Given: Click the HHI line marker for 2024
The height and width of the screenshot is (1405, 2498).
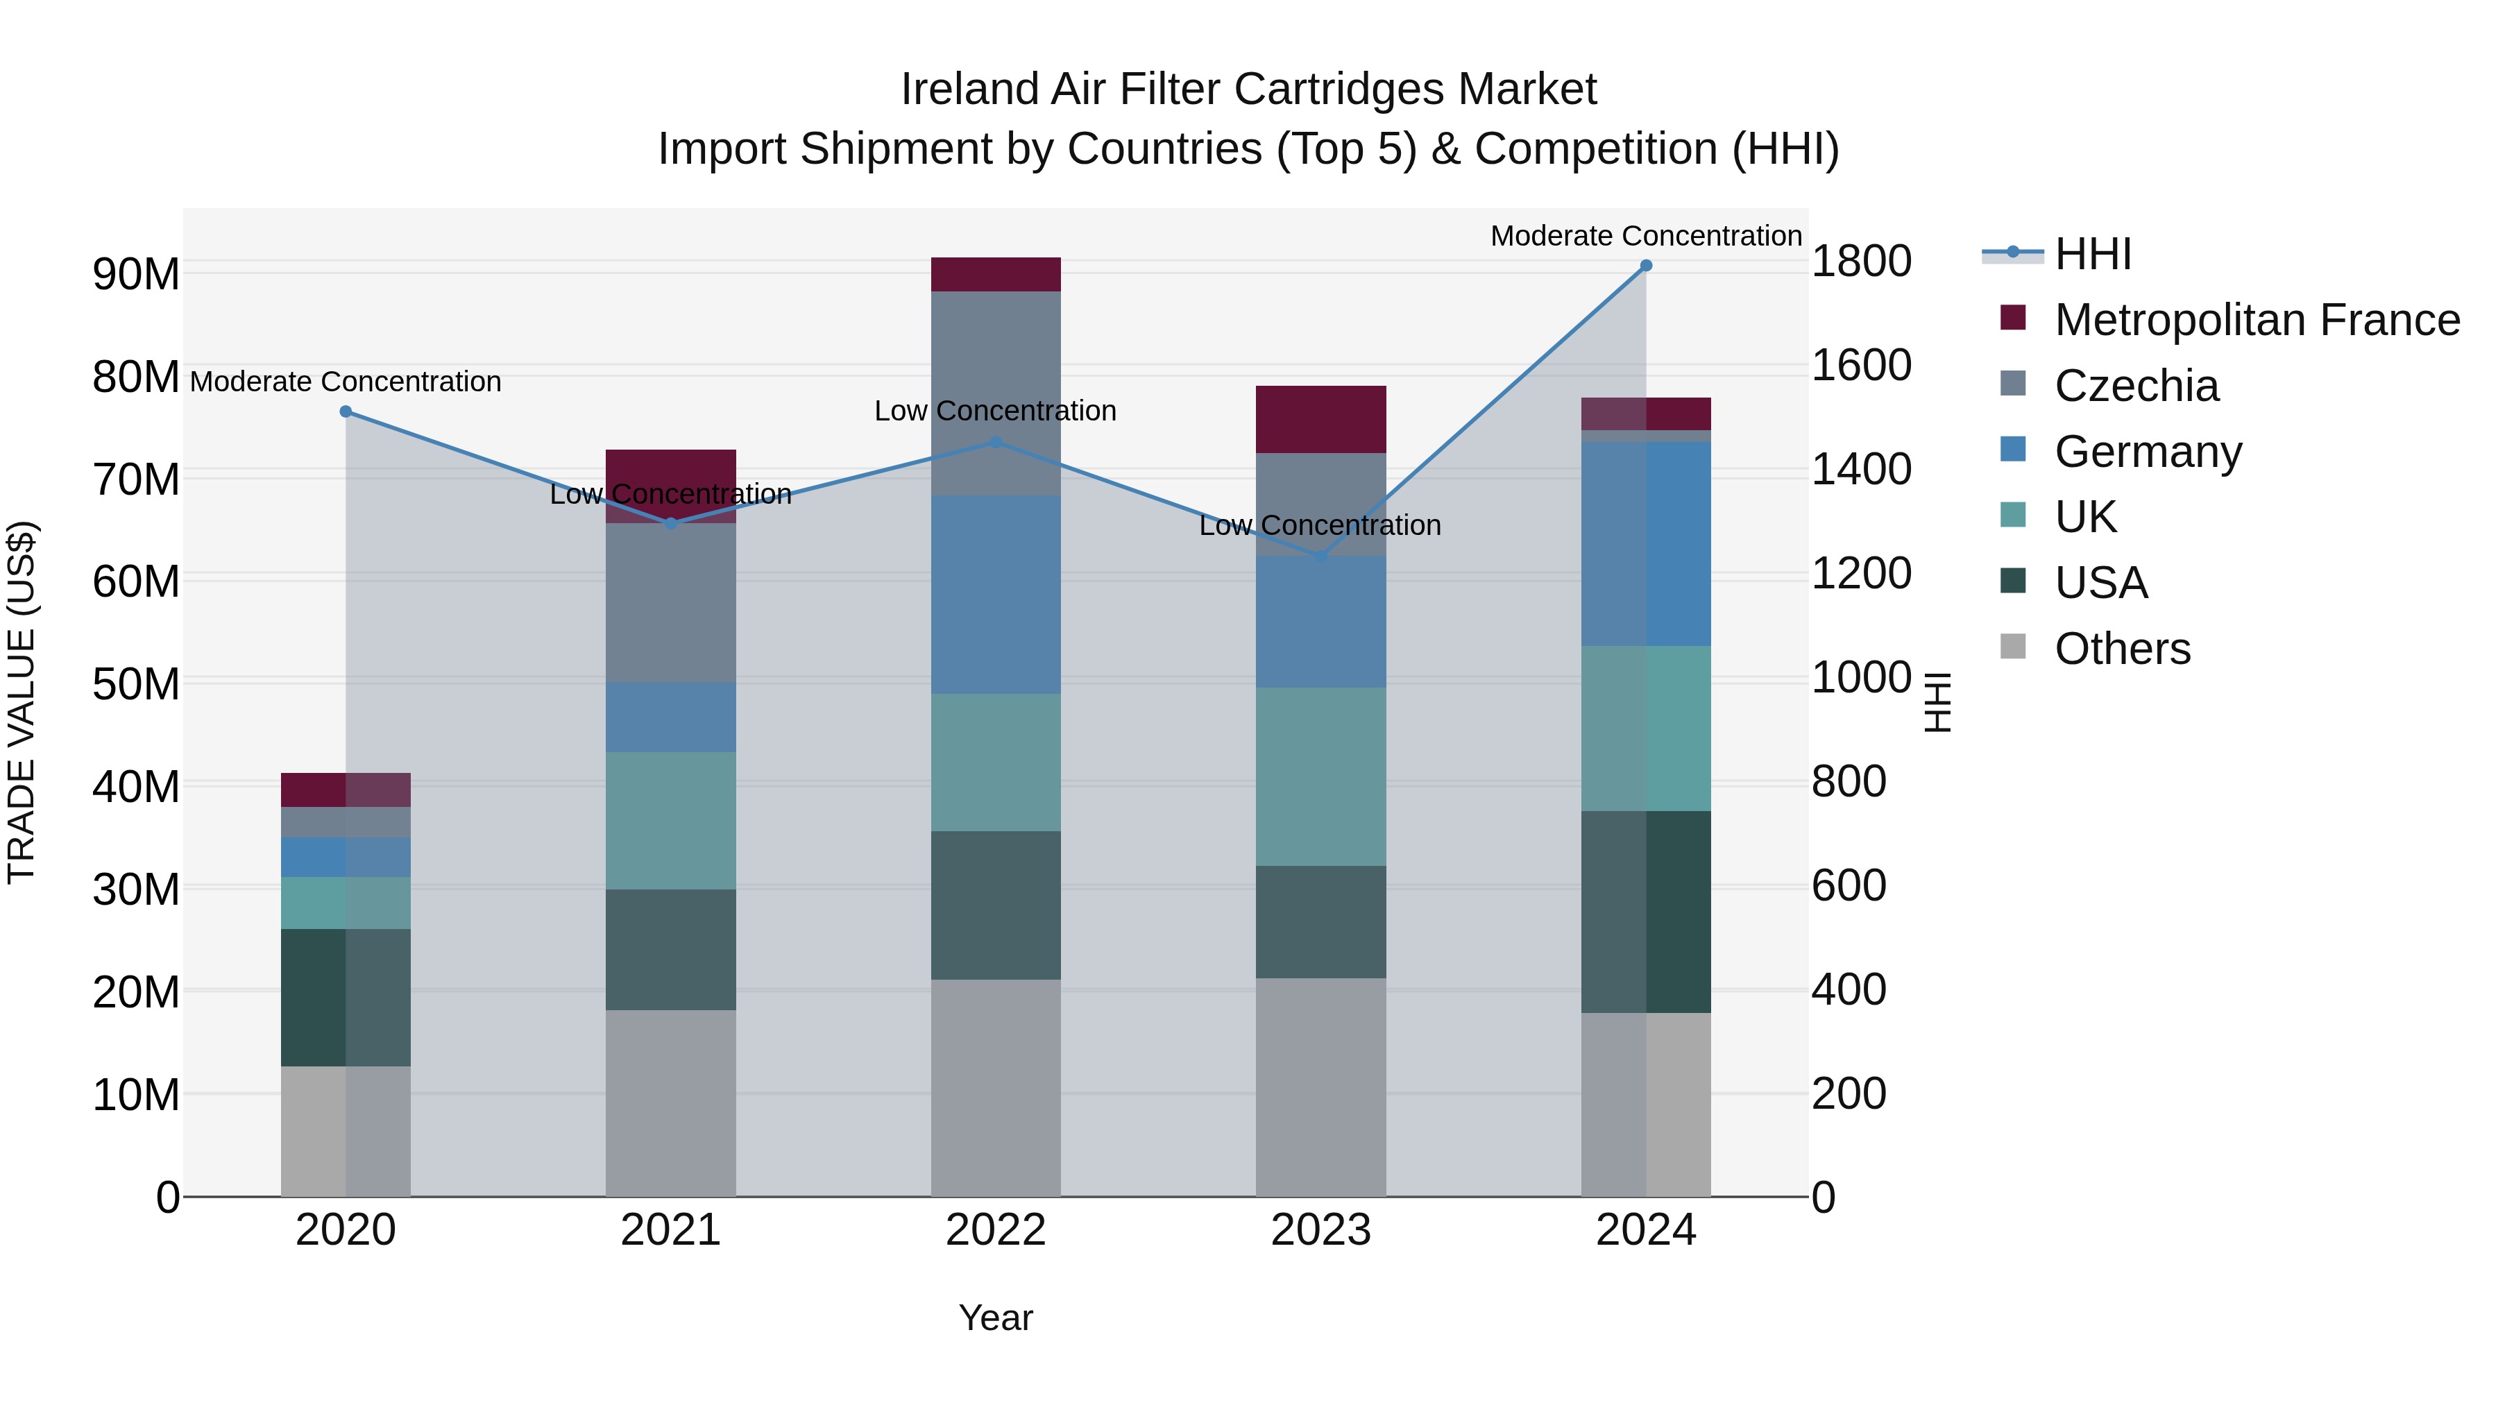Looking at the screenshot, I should [x=1646, y=266].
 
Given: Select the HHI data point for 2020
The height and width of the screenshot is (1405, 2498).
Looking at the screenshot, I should [x=346, y=412].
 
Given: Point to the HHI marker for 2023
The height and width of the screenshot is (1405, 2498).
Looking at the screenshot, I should [x=1320, y=556].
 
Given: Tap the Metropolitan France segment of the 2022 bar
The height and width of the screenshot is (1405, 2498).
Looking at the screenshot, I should [x=995, y=274].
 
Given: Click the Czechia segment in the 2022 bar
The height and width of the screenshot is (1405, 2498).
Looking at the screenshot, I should [x=995, y=393].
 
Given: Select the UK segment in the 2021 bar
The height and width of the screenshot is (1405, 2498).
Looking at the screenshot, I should [x=670, y=820].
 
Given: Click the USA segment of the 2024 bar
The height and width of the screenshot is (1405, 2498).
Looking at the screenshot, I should [x=1646, y=912].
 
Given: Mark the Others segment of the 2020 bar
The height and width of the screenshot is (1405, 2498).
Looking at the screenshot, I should [x=346, y=1131].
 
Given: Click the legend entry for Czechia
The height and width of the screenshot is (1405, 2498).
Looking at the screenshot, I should [x=2136, y=386].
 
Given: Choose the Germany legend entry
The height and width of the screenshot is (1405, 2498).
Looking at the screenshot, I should [x=2148, y=452].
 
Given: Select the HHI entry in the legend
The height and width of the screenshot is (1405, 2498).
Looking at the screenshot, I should [x=2093, y=254].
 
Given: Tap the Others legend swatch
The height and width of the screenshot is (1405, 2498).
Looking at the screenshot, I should [x=2013, y=647].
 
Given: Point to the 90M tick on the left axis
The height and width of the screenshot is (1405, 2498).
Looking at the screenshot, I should [x=136, y=274].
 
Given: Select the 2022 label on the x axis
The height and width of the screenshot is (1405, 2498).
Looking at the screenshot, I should [x=995, y=1230].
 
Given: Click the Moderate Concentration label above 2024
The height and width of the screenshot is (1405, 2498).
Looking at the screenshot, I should [x=1646, y=236].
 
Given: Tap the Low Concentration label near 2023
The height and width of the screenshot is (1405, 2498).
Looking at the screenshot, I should [x=1320, y=525].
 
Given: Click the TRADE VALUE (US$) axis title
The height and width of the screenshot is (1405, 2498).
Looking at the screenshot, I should [x=22, y=702].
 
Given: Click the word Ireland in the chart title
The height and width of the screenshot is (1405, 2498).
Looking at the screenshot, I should [x=963, y=90].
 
